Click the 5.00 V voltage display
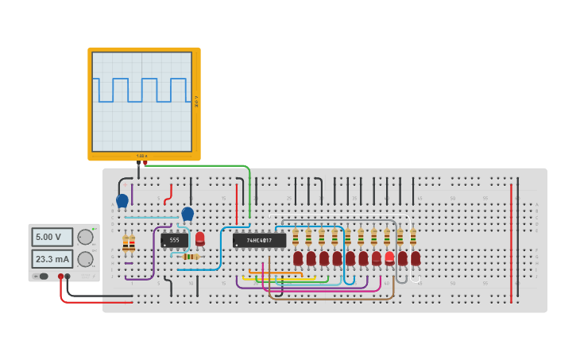[52, 237]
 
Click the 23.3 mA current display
[52, 259]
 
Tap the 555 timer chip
[174, 240]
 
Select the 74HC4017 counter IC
[259, 240]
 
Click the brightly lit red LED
[389, 257]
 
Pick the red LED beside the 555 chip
[199, 238]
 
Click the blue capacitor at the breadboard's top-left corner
[122, 201]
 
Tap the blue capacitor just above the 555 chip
[187, 213]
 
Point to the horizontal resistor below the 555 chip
[189, 257]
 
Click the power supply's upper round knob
[85, 237]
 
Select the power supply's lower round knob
[85, 259]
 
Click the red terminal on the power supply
[60, 277]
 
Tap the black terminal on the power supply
[68, 277]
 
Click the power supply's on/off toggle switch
[41, 277]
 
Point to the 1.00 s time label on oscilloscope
[141, 156]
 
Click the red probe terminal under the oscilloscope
[145, 163]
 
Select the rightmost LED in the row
[416, 257]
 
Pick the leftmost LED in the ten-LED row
[298, 257]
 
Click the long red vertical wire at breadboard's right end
[511, 242]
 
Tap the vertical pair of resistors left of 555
[128, 243]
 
